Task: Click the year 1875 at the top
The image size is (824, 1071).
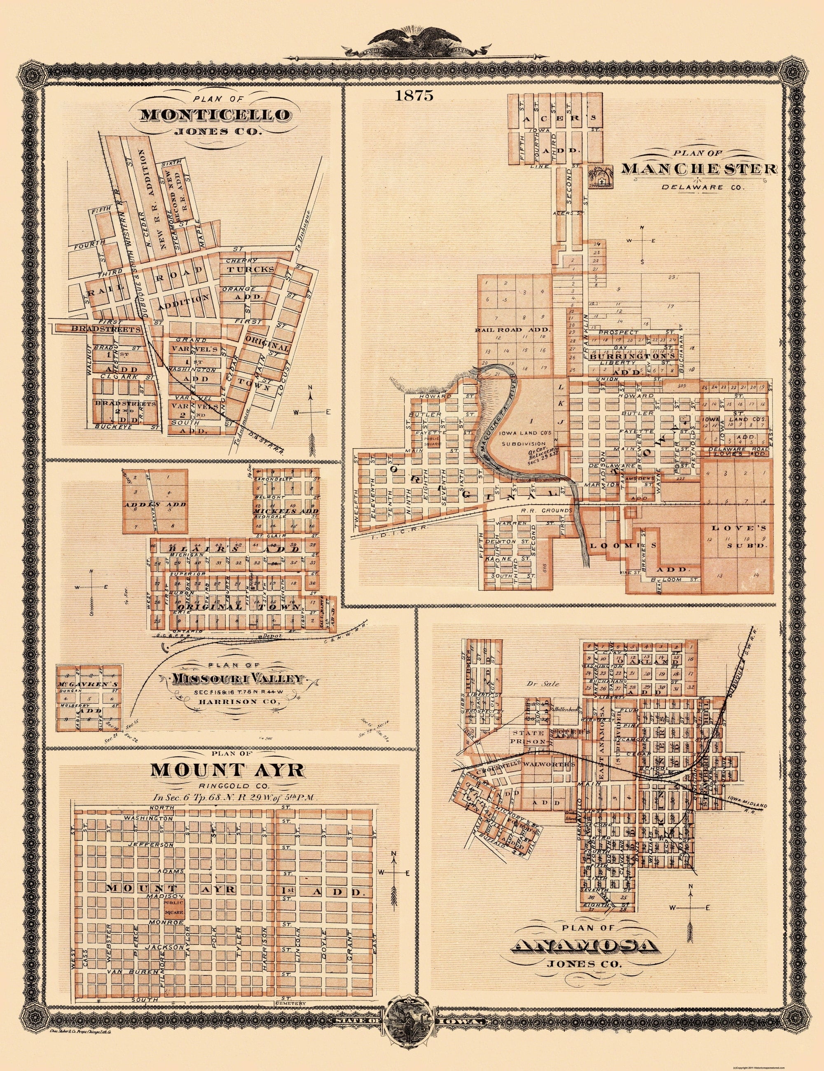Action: pos(407,96)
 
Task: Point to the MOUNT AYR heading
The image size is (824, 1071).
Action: pos(227,770)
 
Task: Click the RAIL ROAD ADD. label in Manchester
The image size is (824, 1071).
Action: pos(513,330)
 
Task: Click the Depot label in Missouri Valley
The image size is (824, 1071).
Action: pos(267,635)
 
